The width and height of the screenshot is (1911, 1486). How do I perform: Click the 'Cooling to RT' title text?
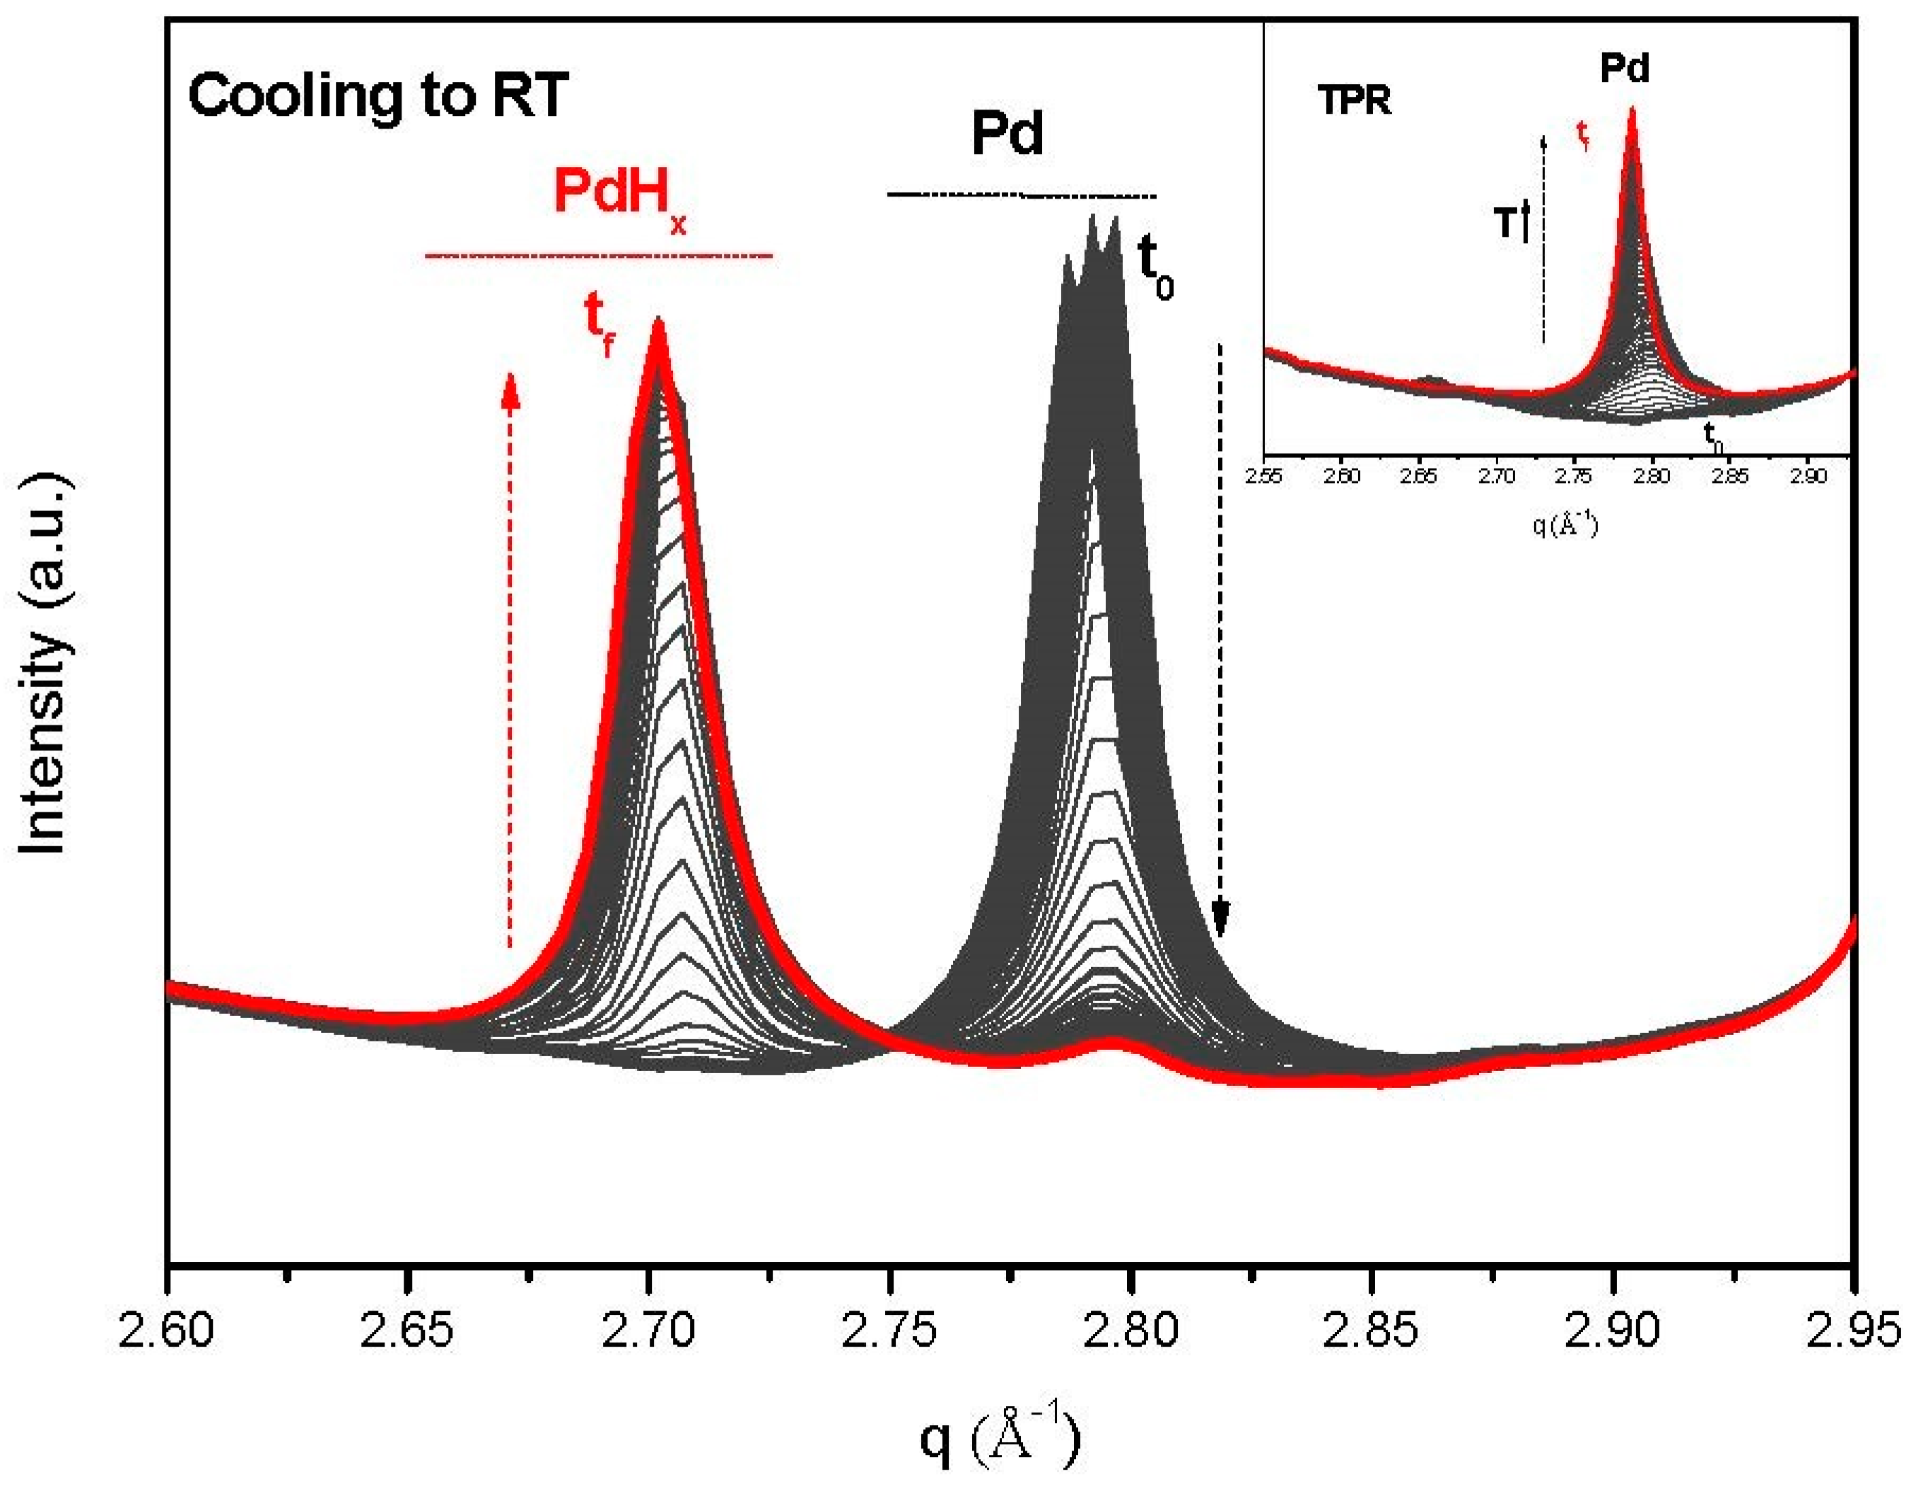pyautogui.click(x=378, y=95)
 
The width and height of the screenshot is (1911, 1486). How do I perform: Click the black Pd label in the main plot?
pyautogui.click(x=1007, y=136)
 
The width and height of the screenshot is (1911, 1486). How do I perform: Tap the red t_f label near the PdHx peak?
pyautogui.click(x=600, y=326)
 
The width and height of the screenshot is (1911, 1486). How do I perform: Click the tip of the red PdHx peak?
pyautogui.click(x=658, y=324)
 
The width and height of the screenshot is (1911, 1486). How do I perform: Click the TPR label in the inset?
pyautogui.click(x=1354, y=102)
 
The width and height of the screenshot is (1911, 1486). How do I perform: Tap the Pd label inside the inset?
pyautogui.click(x=1625, y=69)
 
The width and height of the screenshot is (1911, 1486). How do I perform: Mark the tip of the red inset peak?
pyautogui.click(x=1632, y=112)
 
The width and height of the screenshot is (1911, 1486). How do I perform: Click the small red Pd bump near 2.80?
pyautogui.click(x=1111, y=1042)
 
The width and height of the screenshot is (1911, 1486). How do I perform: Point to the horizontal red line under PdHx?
pyautogui.click(x=599, y=255)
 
